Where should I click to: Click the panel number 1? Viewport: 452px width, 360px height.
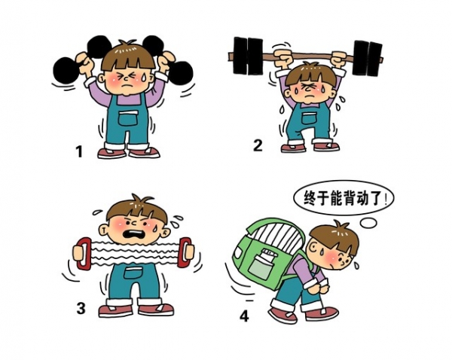pos(79,151)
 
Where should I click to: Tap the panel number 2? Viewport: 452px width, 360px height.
pos(258,145)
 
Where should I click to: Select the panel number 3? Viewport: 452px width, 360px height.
pos(81,308)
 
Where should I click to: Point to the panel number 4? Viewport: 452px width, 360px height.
pos(244,316)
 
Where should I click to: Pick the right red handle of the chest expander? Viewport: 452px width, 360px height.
pos(185,252)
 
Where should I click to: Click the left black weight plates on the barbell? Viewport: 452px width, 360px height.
pos(248,56)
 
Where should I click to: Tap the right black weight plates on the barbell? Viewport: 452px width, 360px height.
pos(368,58)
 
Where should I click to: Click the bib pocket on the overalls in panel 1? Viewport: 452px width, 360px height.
pos(129,118)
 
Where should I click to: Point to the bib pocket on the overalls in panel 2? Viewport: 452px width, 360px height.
pos(309,118)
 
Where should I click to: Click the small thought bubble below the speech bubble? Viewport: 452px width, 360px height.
pos(368,222)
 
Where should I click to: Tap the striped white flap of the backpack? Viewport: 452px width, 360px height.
pos(279,234)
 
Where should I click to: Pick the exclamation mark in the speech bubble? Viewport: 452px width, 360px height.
pos(386,198)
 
